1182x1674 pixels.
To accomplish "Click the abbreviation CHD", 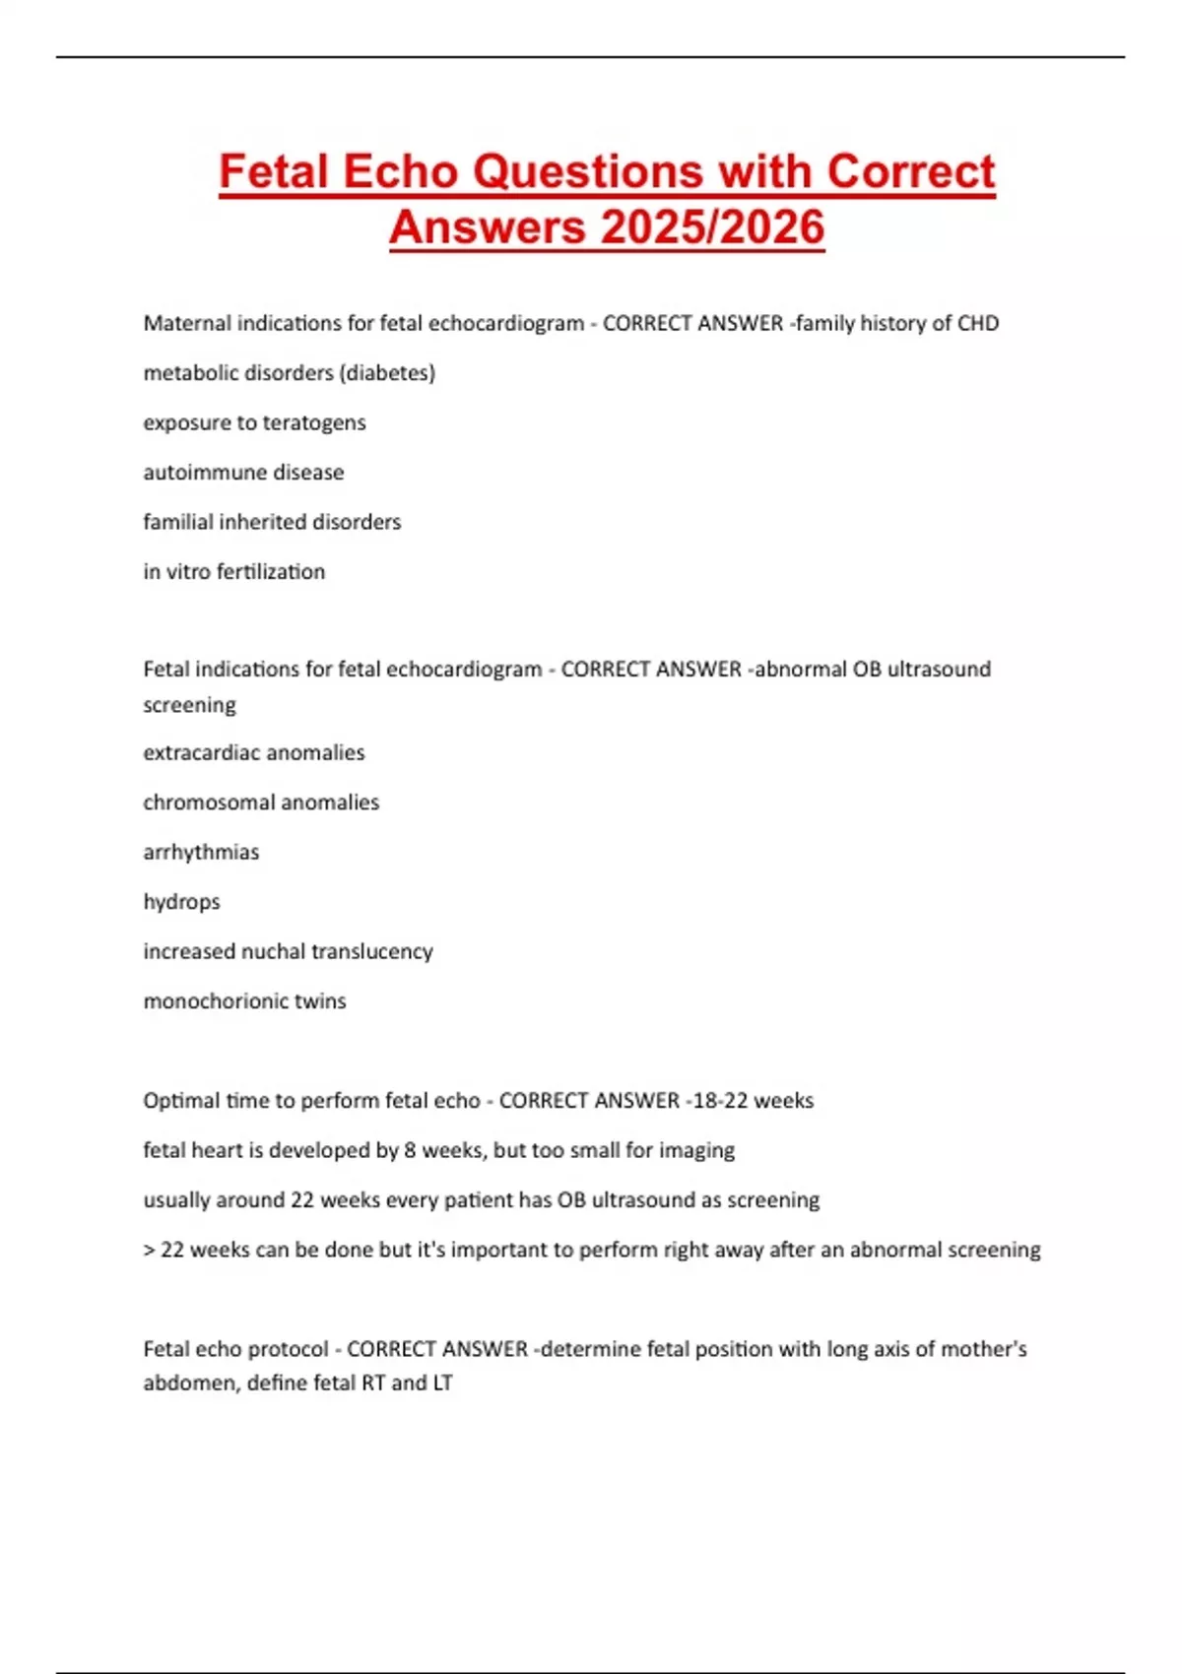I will point(978,323).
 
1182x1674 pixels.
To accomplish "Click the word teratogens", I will point(313,422).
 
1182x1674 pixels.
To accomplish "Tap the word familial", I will point(177,522).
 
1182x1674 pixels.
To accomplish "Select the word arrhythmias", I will point(201,853).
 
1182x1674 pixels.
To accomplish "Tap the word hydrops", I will point(181,902).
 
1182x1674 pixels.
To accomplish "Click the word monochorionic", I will point(202,1001).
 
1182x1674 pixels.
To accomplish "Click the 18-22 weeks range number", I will point(720,1101).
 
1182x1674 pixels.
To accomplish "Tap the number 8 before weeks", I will point(410,1150).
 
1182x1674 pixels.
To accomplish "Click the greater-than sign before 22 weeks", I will point(149,1251).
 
